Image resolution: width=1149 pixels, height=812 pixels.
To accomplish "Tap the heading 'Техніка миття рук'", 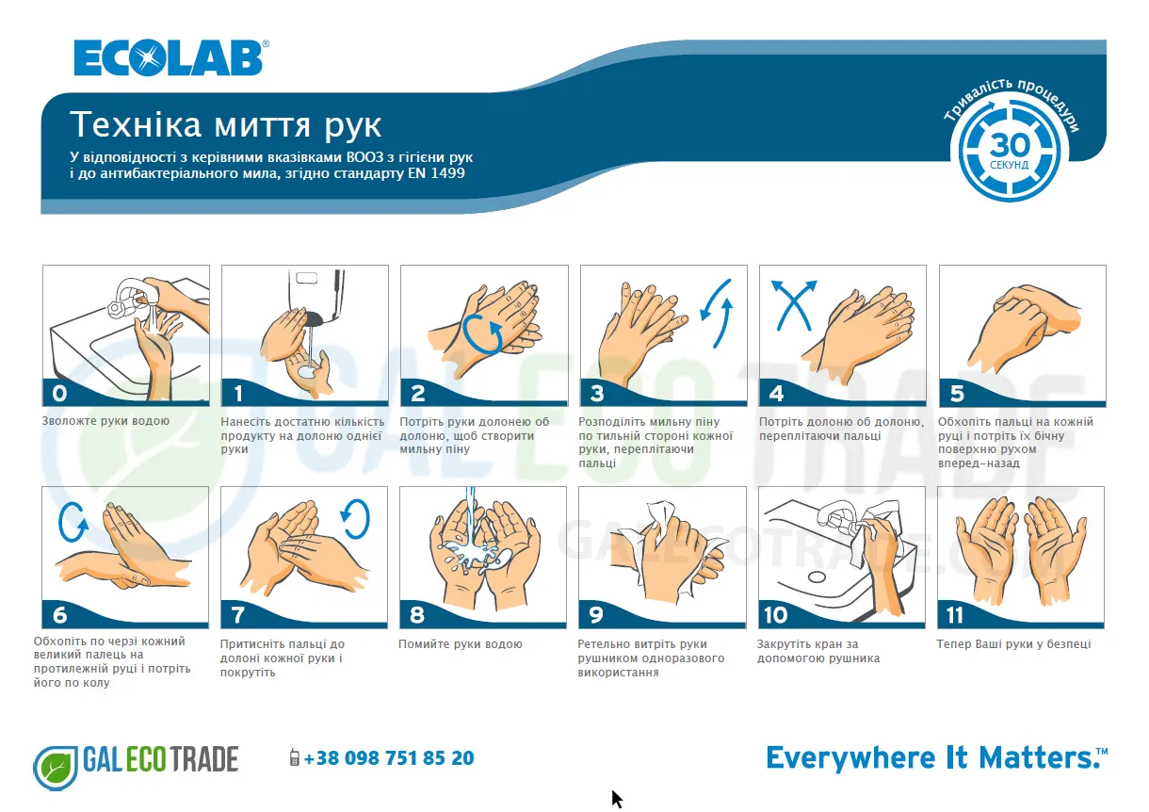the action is pos(226,124).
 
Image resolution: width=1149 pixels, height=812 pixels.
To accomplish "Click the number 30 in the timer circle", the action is pos(1009,145).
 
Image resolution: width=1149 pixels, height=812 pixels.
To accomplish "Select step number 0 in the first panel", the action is pos(59,394).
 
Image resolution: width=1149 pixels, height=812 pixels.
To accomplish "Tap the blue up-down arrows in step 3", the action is pos(717,313).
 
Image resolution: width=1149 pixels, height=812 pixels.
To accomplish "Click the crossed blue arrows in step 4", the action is pos(794,304).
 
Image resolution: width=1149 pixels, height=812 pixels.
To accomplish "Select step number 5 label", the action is pos(957,394).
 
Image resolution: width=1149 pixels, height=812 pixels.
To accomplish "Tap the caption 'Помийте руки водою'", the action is pos(461,644).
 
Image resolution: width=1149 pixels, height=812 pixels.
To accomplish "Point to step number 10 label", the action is pos(775,615).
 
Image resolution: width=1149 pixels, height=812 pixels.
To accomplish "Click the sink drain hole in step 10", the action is pos(817,577).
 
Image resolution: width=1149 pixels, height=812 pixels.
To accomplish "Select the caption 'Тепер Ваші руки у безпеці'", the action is pos(1013,644).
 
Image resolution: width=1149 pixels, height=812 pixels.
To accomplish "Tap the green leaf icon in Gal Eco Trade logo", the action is pos(56,768).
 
